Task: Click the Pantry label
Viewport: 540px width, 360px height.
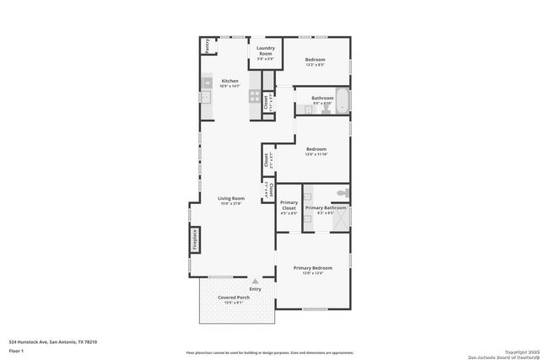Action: coord(207,46)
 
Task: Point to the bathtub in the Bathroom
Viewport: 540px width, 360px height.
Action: coord(341,100)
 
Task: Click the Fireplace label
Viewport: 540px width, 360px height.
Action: coord(193,239)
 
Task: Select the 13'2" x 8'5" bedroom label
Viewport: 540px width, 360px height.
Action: coord(315,62)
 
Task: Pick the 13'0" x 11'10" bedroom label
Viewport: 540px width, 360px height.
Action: coord(316,151)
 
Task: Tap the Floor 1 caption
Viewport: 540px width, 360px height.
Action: coord(16,349)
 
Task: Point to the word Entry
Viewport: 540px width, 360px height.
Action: coord(255,289)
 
